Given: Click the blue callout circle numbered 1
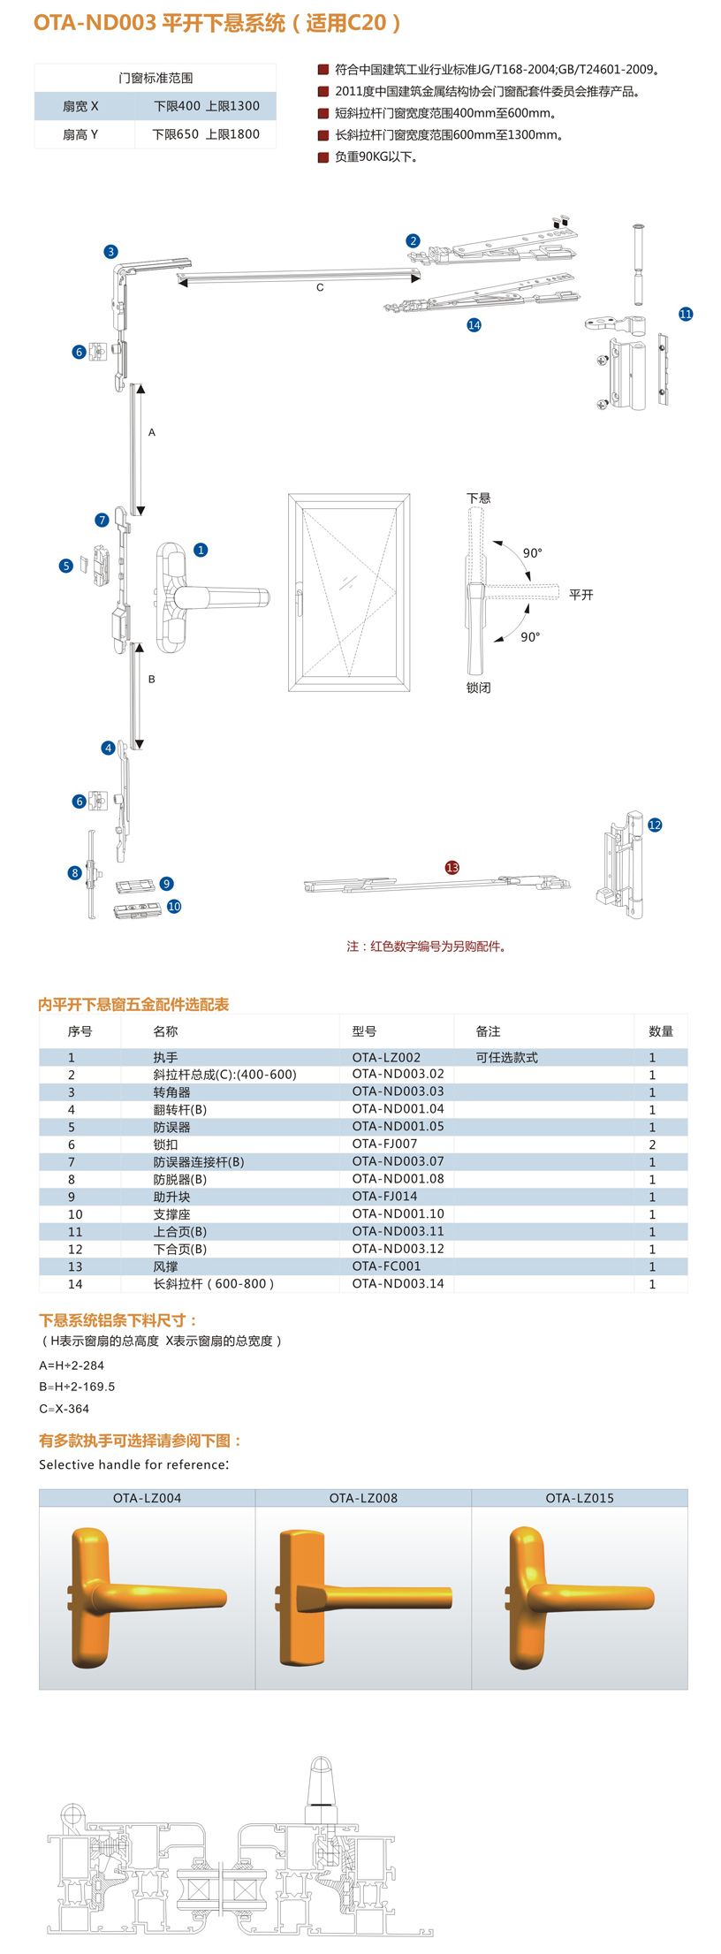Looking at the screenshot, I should tap(201, 550).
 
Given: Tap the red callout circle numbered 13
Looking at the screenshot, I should tap(452, 867).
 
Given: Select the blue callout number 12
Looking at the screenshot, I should tap(655, 825).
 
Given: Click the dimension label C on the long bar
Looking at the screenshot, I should tap(320, 288).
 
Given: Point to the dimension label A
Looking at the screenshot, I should tap(152, 432).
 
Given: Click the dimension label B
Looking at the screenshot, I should tap(152, 679).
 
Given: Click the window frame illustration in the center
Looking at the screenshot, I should tap(349, 592).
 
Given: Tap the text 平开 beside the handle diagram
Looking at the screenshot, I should tap(581, 595).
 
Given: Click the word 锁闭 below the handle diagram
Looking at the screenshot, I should tap(478, 688).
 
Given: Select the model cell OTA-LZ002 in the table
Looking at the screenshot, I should tap(386, 1057).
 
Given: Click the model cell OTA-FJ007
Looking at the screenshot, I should tap(384, 1144).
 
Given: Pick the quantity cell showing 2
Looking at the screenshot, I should tap(652, 1144).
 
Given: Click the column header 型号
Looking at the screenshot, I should tap(364, 1031).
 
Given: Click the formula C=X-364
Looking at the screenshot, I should tap(65, 1409).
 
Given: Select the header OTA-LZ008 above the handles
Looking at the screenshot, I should tap(363, 1498).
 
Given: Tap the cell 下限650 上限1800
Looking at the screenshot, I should tap(206, 134).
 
